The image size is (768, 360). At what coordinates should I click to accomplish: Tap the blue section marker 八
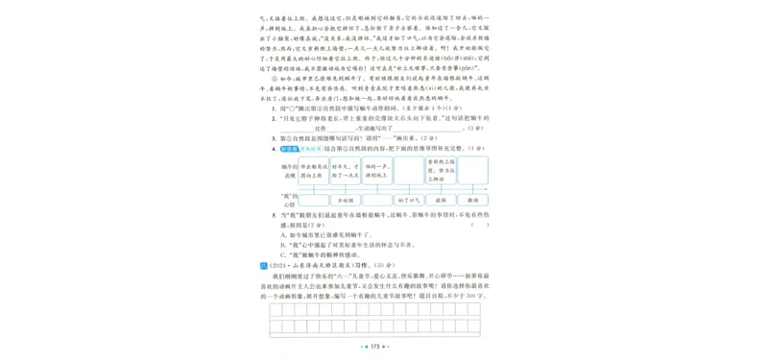(x=265, y=263)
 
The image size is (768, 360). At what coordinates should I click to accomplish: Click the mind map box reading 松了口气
(x=406, y=201)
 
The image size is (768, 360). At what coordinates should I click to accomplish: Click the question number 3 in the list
(x=275, y=137)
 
